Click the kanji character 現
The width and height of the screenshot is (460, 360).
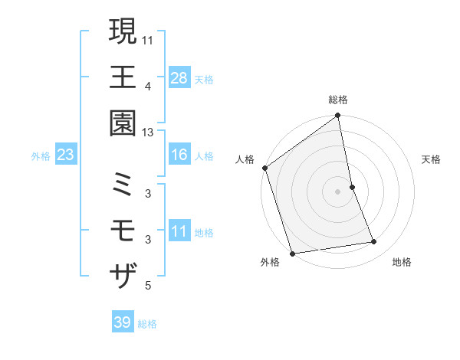click(123, 31)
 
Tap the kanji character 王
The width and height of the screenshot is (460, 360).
click(123, 77)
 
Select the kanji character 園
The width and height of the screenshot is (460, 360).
click(123, 123)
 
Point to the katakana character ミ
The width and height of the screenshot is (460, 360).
click(123, 184)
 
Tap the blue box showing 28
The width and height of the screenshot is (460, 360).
click(179, 78)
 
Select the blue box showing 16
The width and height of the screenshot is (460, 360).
click(179, 155)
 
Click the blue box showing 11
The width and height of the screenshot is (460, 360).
click(179, 232)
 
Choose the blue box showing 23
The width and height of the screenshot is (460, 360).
click(66, 155)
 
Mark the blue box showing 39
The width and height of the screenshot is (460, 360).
click(122, 322)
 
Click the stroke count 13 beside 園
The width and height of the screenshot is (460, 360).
click(148, 132)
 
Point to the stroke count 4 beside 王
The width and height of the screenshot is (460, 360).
click(147, 86)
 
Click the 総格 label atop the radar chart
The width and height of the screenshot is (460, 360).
click(338, 100)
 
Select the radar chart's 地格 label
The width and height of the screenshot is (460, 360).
click(402, 263)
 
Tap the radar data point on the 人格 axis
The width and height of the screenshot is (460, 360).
click(264, 168)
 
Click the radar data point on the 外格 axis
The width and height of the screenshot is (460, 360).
click(292, 254)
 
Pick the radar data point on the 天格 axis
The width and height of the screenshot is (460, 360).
click(352, 187)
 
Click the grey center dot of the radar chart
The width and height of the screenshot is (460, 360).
click(338, 191)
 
